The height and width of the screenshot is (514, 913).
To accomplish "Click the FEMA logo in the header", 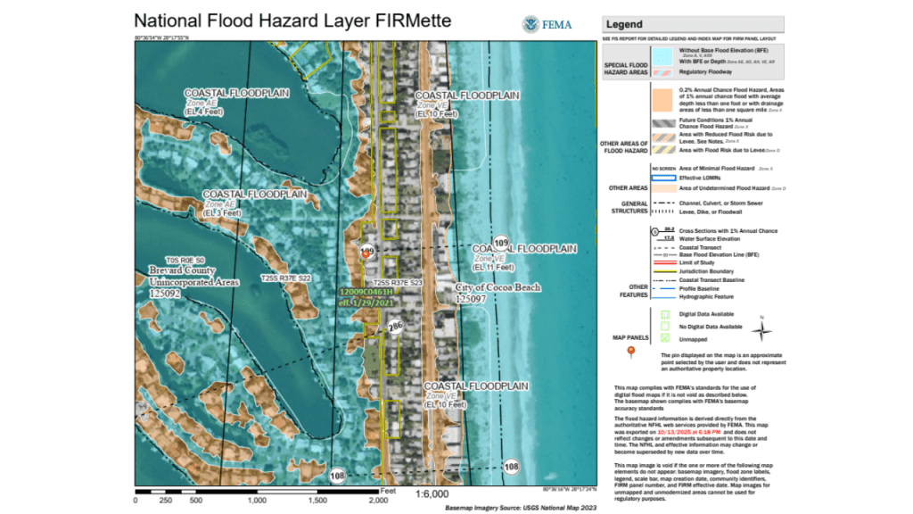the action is (533, 24).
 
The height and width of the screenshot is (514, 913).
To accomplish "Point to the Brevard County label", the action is (182, 269).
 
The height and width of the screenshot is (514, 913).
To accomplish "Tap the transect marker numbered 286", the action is (394, 327).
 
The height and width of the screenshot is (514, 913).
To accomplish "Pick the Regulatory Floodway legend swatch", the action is (661, 70).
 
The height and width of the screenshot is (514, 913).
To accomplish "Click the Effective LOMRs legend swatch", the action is (661, 178).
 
